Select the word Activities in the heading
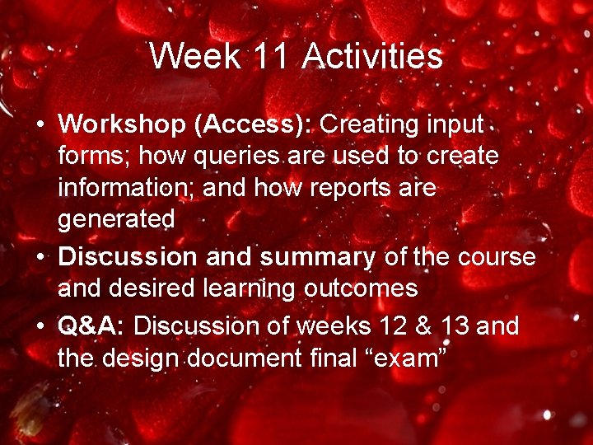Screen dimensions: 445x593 pos(372,57)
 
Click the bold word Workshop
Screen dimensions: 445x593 pos(123,124)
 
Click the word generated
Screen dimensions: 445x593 pos(116,220)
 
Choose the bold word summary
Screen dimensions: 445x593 pos(318,257)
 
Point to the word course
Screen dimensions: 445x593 pos(496,257)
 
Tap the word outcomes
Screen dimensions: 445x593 pos(372,289)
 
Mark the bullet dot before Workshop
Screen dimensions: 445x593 pos(40,125)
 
